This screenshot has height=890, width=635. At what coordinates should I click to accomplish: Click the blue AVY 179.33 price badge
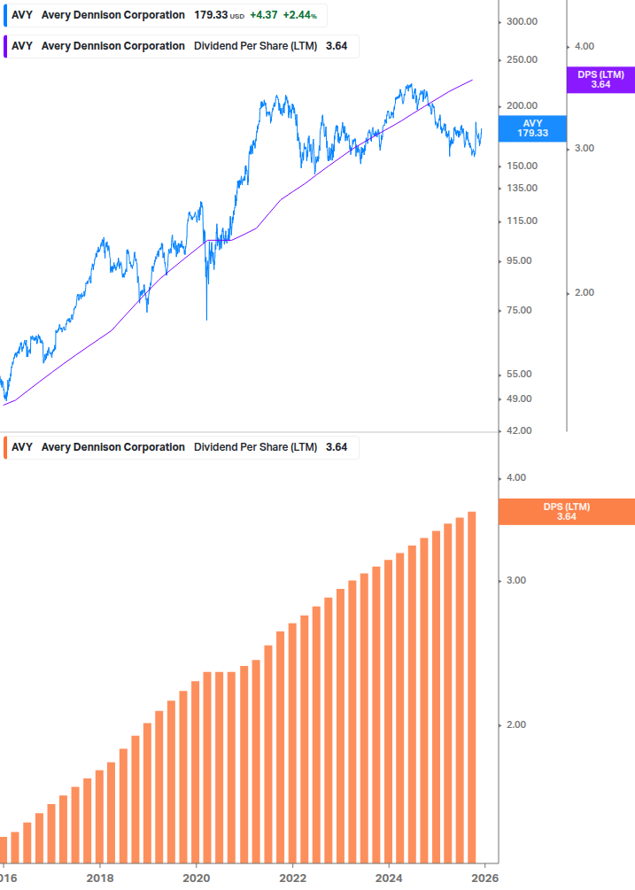pos(532,128)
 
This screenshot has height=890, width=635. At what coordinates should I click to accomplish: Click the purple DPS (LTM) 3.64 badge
pos(600,80)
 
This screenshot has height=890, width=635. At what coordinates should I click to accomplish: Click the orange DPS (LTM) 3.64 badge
pos(567,512)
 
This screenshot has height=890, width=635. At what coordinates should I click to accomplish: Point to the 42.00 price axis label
pos(519,430)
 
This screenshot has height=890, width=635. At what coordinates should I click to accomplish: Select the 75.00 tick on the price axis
pos(519,310)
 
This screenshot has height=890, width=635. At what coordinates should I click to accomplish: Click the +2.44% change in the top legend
pos(300,15)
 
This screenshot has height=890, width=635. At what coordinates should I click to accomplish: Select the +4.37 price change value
pos(263,15)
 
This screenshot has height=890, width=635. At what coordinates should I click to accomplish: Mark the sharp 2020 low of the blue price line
pos(206,318)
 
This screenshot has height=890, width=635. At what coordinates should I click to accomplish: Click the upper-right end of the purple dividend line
pos(472,80)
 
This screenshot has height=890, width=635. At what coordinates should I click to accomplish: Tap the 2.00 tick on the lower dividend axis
pos(515,724)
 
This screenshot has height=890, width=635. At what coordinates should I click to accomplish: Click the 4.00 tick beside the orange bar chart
pos(515,477)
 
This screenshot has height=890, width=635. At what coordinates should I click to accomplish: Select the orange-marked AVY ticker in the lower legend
pos(21,447)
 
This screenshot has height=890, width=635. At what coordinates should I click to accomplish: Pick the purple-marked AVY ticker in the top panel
pos(21,46)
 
